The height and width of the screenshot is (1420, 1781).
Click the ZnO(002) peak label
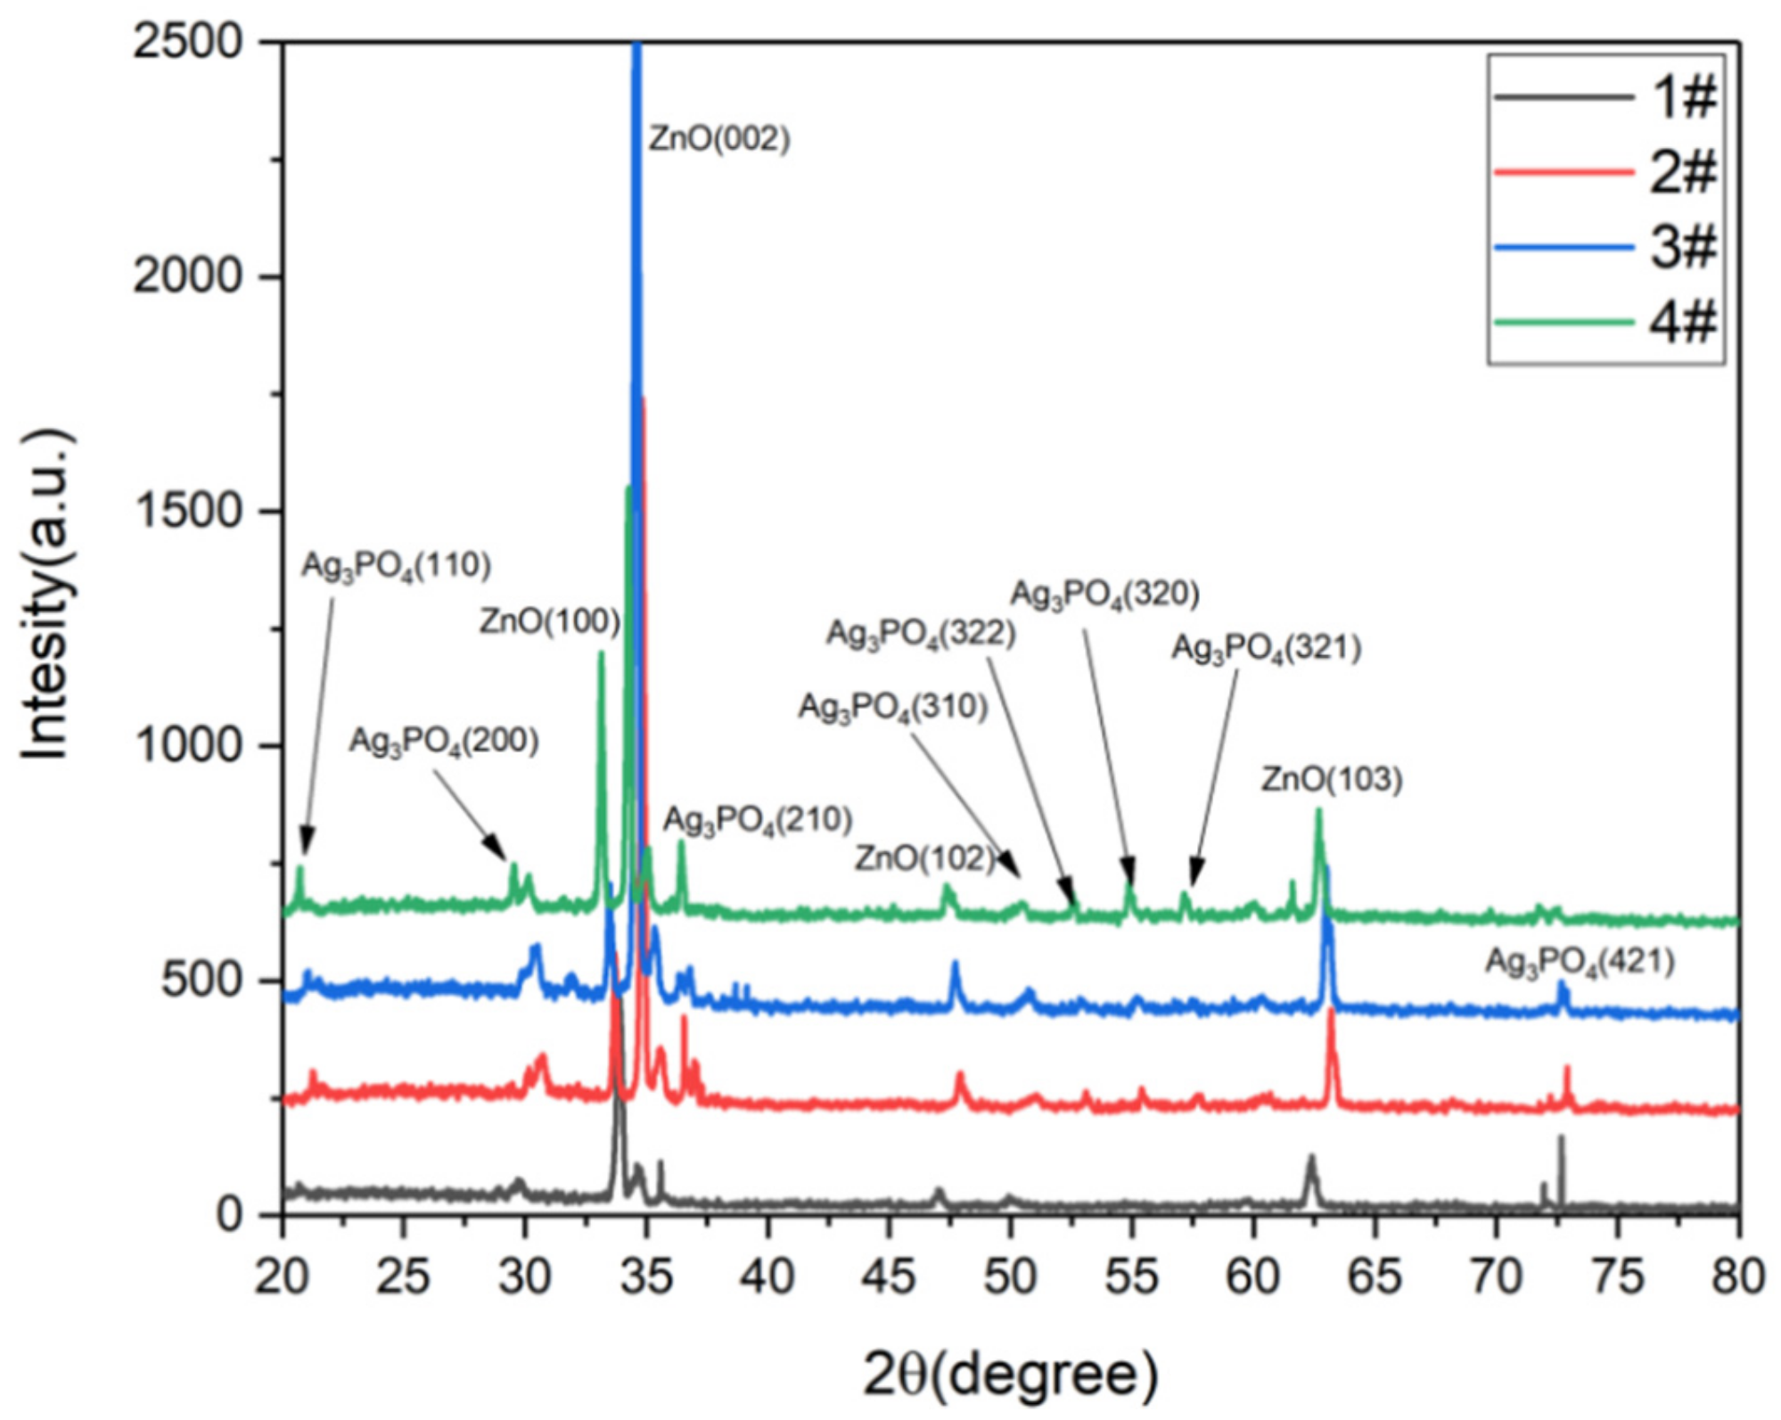718,139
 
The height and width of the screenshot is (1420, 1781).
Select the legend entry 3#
1681,246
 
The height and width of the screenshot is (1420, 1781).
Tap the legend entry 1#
1681,96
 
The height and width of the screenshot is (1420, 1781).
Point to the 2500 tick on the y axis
187,41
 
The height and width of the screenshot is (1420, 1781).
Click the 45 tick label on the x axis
888,1276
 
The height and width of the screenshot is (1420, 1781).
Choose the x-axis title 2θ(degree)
1010,1374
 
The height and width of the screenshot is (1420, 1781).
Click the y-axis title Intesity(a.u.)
46,595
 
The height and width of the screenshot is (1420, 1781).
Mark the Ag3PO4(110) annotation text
396,565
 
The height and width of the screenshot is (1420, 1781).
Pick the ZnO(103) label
1331,780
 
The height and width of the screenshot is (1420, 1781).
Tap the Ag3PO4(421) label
1580,962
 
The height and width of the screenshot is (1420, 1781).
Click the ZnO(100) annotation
549,621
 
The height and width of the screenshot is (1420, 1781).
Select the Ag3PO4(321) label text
1266,648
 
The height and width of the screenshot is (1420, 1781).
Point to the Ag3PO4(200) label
443,741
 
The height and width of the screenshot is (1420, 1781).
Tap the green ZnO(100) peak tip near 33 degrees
600,653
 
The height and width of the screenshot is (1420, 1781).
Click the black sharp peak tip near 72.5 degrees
1560,1137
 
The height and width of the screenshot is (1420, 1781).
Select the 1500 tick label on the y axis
187,511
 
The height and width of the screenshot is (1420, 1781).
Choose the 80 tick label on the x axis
1736,1276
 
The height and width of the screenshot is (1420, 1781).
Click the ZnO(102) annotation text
923,858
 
